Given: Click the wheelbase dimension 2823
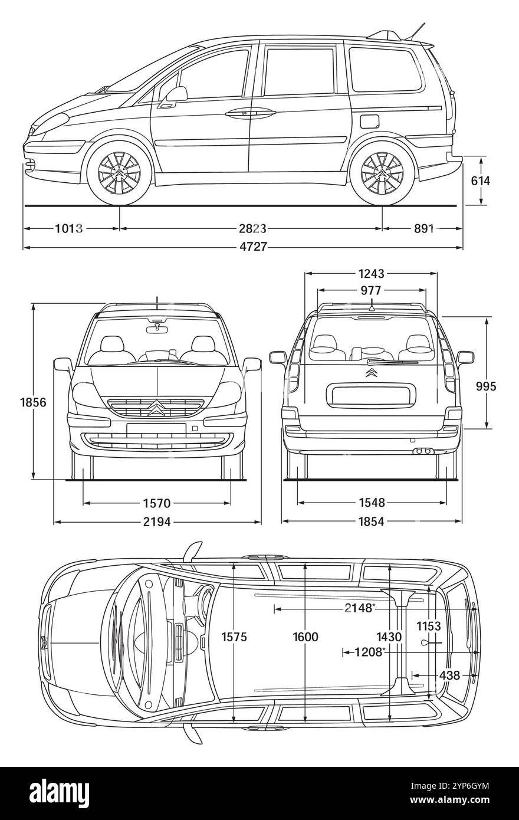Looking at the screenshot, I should click(x=252, y=228).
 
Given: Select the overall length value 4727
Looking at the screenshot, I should click(x=252, y=248).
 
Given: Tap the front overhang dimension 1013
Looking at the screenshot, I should click(x=69, y=228).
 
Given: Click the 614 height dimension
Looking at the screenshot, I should click(x=480, y=181).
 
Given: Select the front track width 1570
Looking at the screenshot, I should click(x=157, y=503).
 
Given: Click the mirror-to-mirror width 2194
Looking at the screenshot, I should click(x=157, y=522).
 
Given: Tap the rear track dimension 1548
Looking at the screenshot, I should click(x=372, y=503).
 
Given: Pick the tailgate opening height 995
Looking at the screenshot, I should click(x=487, y=386).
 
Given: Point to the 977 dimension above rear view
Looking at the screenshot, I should click(x=371, y=290).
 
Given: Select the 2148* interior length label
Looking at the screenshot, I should click(x=360, y=608).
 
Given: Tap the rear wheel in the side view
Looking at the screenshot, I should click(x=382, y=172).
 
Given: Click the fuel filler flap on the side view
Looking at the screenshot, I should click(x=369, y=121).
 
